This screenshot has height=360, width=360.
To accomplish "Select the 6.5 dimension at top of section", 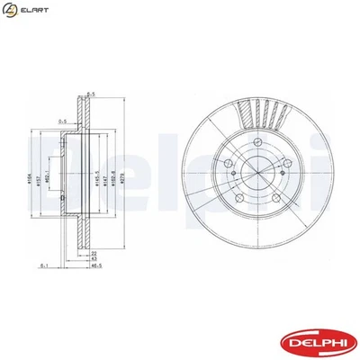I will [91, 91].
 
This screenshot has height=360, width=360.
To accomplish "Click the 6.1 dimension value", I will [43, 267].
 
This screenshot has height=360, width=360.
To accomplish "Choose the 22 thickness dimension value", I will [93, 254].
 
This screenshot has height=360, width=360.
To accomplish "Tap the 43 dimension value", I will [93, 260].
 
